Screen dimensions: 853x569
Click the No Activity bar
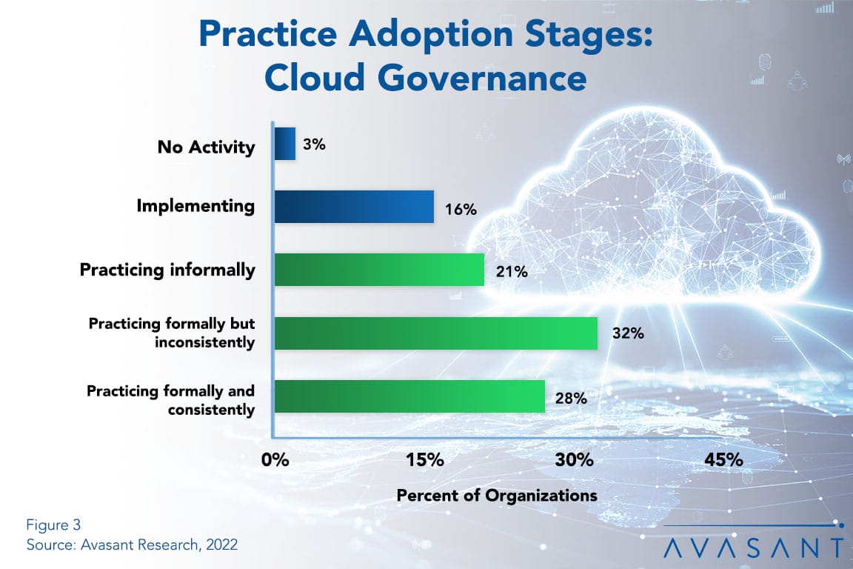click(x=285, y=144)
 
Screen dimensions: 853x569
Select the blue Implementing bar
click(x=354, y=207)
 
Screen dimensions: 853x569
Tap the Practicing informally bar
click(x=379, y=270)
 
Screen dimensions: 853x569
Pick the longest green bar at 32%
click(x=435, y=333)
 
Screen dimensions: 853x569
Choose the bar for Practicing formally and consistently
click(x=409, y=396)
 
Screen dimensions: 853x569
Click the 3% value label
click(x=315, y=144)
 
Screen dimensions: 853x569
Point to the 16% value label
click(x=461, y=209)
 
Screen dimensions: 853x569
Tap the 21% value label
click(x=512, y=271)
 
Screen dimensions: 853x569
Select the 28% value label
click(x=571, y=399)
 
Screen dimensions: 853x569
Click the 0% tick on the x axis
click(x=275, y=460)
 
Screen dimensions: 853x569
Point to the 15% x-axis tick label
click(x=425, y=460)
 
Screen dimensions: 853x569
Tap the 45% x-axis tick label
click(x=723, y=460)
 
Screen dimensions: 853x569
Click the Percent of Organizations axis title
click(x=497, y=496)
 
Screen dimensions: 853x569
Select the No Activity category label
click(x=206, y=147)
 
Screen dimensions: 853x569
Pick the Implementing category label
click(x=195, y=206)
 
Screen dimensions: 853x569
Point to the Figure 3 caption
click(x=53, y=525)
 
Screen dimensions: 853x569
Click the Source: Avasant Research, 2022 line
click(x=133, y=545)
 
